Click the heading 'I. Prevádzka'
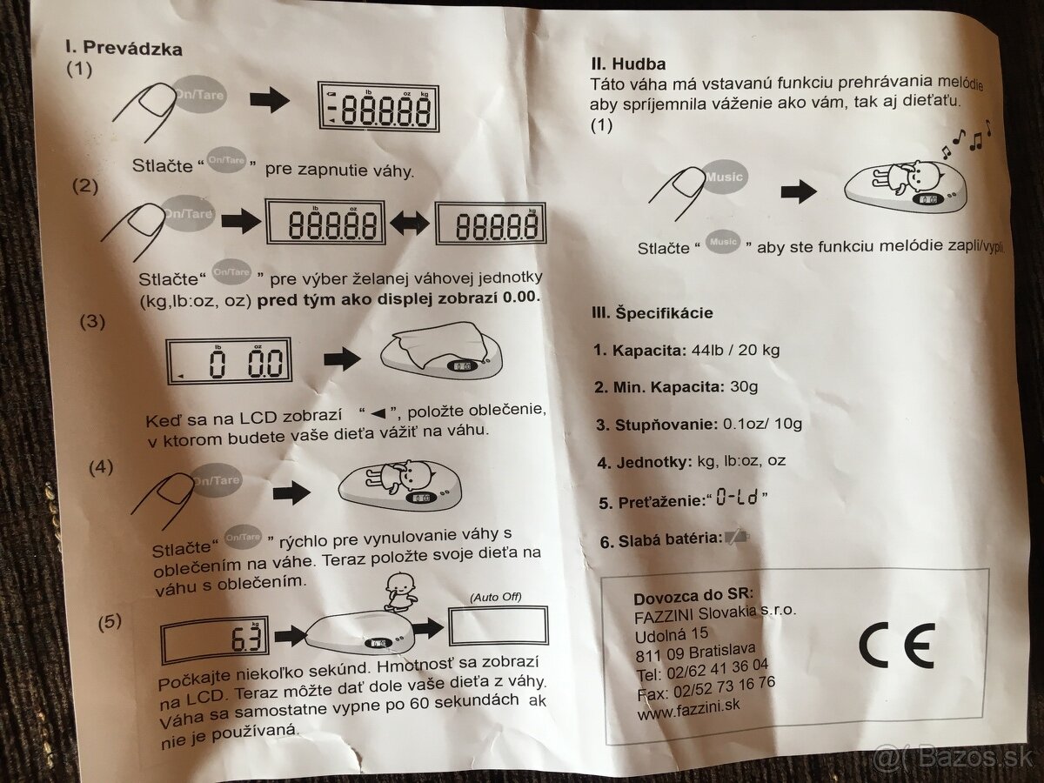click(x=124, y=48)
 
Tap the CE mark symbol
click(x=896, y=646)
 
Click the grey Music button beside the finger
click(x=724, y=177)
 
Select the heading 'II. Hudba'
click(x=628, y=64)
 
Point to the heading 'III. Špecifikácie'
click(x=652, y=313)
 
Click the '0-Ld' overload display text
click(x=737, y=498)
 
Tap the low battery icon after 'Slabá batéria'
click(x=736, y=539)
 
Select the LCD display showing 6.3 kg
click(x=215, y=640)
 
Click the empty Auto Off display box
click(x=499, y=626)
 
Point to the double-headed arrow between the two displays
click(x=410, y=224)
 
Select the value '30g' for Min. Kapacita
click(x=743, y=387)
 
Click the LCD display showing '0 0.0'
click(x=229, y=361)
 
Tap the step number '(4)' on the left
click(x=101, y=467)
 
